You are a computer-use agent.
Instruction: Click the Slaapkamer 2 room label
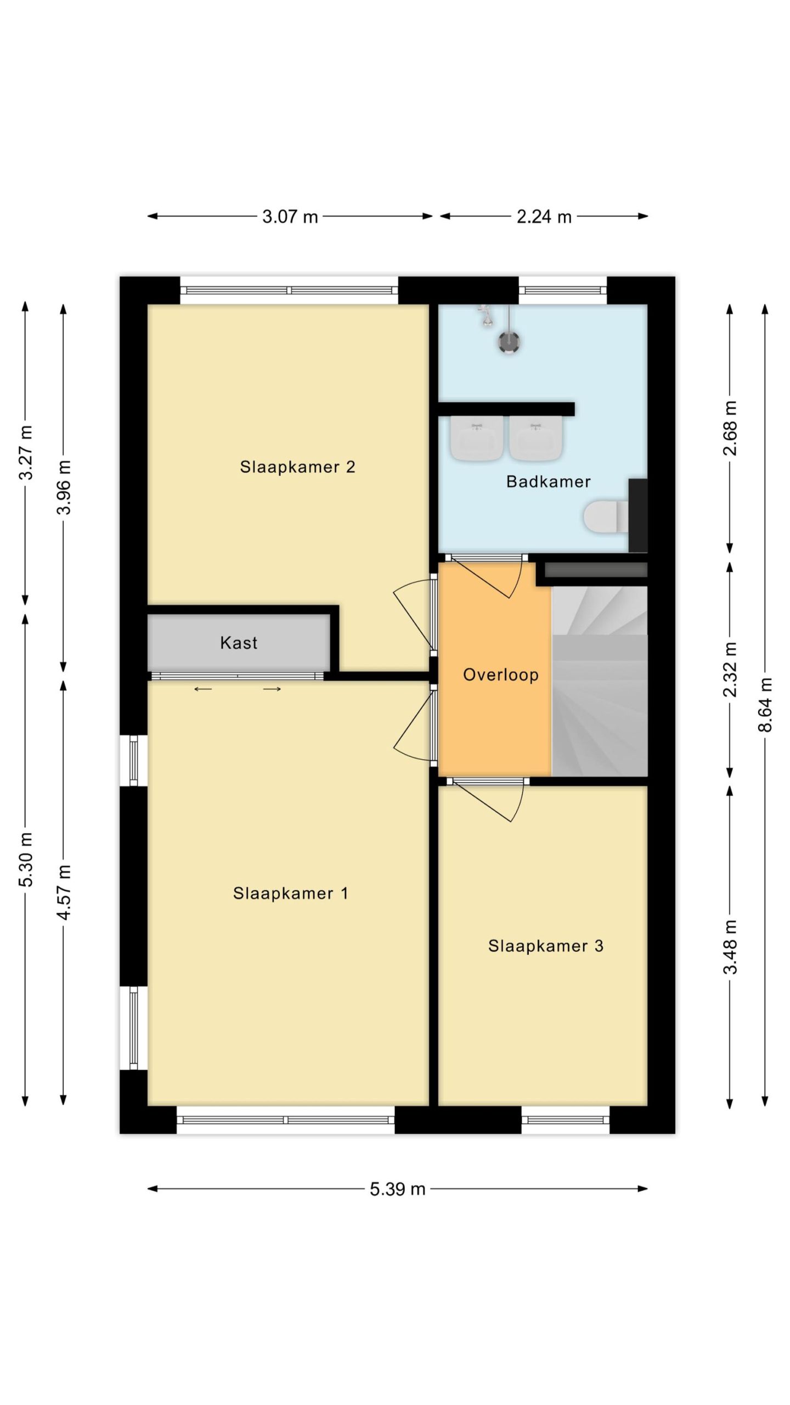pos(297,467)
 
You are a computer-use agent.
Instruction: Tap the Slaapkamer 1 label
pos(290,893)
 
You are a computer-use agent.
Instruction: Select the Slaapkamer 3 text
pos(546,946)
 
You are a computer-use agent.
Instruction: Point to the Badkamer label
pos(548,481)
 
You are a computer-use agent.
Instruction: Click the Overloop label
pos(501,675)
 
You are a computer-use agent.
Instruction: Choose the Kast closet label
pos(239,643)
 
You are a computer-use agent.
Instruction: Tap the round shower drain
pos(509,342)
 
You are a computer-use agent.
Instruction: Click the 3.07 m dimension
pos(290,217)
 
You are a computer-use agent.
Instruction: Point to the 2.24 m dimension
pos(544,217)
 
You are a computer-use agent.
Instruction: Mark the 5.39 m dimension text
pos(398,1189)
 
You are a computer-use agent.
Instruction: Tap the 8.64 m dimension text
pos(765,705)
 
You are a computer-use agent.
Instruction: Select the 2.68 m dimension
pos(730,429)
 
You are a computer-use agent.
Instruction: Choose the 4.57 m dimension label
pos(64,892)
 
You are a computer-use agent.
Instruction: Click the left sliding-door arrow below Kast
pos(203,689)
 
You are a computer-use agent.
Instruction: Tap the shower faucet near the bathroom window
pos(486,316)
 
